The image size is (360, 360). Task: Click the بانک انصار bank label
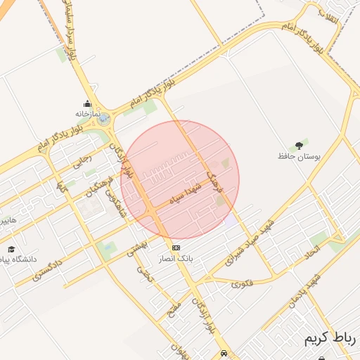click(176, 259)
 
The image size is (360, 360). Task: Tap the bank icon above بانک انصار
click(176, 248)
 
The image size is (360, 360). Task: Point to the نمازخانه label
click(89, 113)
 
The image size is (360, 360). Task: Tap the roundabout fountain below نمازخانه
click(104, 121)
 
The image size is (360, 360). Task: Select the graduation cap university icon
click(11, 249)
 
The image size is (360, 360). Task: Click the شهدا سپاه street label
click(186, 193)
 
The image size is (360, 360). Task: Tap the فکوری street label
click(243, 284)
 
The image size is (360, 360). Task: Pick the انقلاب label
click(328, 13)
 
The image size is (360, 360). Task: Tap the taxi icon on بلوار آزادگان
click(224, 352)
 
